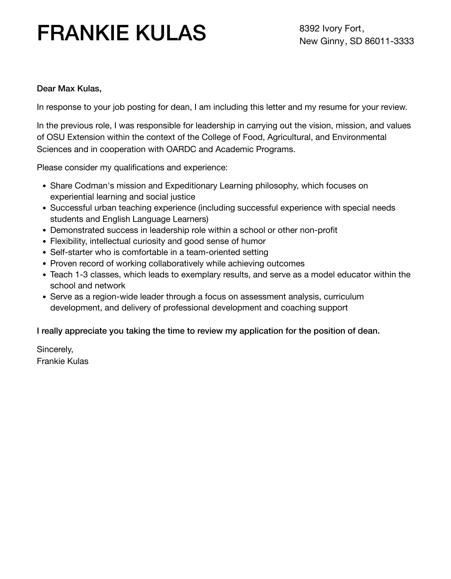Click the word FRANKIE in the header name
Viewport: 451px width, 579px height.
[83, 33]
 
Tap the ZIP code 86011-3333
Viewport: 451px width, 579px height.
[389, 41]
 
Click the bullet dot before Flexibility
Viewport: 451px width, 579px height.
[44, 242]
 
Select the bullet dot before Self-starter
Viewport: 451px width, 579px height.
[44, 253]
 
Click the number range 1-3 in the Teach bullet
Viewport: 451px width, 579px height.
[81, 275]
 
